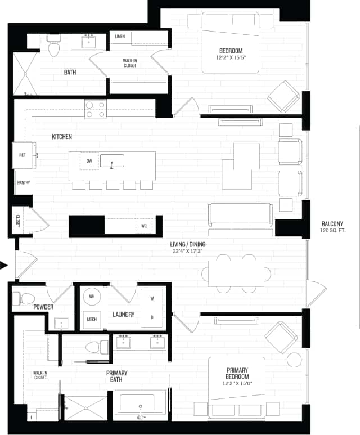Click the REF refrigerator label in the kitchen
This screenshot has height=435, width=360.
[x=22, y=155]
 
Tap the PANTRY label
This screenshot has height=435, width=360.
[x=24, y=182]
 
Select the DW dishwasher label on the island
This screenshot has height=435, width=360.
[x=89, y=161]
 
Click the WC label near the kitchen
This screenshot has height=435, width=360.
[x=144, y=226]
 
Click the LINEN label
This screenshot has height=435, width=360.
[x=120, y=37]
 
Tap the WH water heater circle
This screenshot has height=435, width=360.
[x=91, y=297]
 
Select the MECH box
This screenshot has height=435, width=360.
[x=91, y=319]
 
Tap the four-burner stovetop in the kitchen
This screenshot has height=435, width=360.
[x=95, y=109]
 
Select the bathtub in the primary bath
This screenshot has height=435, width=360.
[x=137, y=405]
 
